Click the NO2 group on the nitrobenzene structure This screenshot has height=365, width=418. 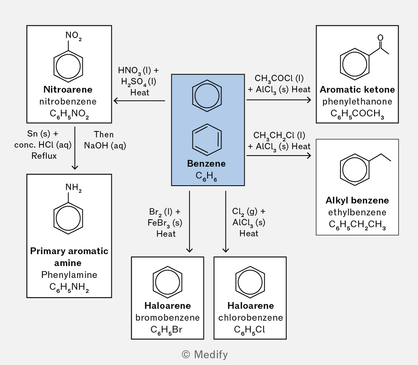tap(73, 36)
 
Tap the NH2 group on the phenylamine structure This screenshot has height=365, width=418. tap(73, 188)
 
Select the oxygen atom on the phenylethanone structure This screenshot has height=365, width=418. tap(380, 38)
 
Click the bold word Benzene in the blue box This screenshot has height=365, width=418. tap(206, 163)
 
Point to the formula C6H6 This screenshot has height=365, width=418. tap(206, 176)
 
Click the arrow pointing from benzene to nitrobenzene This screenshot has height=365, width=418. tap(139, 101)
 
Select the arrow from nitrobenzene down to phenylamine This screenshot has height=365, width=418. tap(75, 148)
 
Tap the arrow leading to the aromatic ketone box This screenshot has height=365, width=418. tap(279, 100)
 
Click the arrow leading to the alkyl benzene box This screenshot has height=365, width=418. tap(279, 156)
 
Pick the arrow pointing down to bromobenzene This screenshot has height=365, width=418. tap(190, 222)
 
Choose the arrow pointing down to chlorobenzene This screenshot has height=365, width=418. tap(226, 222)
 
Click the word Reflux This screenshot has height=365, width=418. tap(44, 156)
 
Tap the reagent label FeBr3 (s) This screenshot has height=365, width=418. tap(165, 223)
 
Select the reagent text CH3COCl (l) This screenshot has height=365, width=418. tap(279, 79)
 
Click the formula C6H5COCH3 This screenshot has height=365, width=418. tap(357, 114)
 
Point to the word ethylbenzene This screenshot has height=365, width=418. tap(357, 212)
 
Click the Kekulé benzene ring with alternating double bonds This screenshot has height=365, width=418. tap(207, 140)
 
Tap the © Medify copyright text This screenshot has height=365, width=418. tap(205, 355)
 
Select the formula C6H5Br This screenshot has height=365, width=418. tap(166, 330)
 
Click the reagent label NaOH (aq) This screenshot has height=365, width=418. tap(105, 146)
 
